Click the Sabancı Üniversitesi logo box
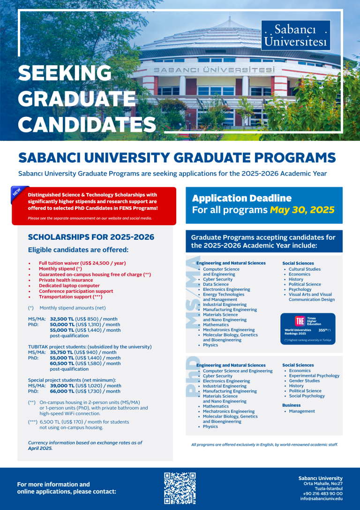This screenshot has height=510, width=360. point(295,35)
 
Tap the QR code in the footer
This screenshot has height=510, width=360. point(180,488)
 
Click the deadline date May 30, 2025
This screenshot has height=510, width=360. point(302,210)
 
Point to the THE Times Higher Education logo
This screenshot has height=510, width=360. point(300,321)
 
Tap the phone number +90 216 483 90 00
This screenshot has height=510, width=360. point(322,494)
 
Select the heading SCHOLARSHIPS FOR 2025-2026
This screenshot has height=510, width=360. point(91,237)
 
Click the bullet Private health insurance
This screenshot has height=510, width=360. point(66,280)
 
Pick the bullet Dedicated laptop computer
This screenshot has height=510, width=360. point(69,286)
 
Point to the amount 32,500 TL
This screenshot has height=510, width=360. point(62,319)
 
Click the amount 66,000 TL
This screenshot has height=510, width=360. point(62,391)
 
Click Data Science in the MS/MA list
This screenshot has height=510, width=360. point(216,284)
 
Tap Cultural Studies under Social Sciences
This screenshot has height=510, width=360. point(305,269)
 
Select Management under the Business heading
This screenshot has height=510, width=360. point(302,411)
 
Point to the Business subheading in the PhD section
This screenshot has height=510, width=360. point(291,405)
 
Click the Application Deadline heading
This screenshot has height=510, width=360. point(241,198)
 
